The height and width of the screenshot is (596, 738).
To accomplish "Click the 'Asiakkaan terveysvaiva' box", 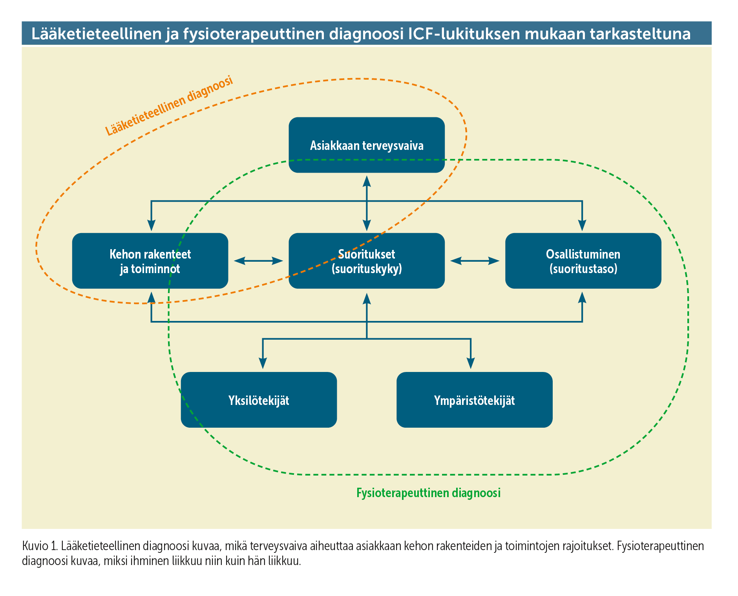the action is click(x=367, y=145).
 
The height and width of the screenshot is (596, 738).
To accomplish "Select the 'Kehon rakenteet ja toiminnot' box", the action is click(x=150, y=261).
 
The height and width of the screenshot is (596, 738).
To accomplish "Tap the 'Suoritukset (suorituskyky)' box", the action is click(x=367, y=261).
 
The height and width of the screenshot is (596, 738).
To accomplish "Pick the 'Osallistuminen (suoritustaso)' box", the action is click(x=583, y=261).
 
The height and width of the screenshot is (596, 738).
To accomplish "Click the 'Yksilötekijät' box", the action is click(x=259, y=400).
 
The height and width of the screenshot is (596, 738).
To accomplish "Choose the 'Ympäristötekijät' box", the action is click(x=475, y=400).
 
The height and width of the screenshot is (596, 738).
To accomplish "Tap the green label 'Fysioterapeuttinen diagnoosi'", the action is click(x=428, y=493).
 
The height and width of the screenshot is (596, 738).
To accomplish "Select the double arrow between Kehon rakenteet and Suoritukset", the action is click(x=258, y=261).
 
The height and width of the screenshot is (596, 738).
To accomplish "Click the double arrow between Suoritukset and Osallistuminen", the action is click(x=475, y=261).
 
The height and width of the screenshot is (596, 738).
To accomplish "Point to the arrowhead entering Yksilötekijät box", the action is click(x=263, y=364).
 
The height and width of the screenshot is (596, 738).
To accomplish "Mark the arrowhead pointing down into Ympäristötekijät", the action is click(x=471, y=364).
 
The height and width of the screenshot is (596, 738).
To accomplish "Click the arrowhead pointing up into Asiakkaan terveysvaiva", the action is click(x=367, y=181).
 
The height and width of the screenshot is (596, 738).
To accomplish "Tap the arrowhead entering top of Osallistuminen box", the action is click(x=582, y=225).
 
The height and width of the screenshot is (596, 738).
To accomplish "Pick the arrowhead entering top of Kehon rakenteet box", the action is click(x=152, y=225).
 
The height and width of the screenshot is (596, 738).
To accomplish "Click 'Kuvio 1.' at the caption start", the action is click(x=40, y=546).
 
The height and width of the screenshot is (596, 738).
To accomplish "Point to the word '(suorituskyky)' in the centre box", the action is click(x=367, y=269).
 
